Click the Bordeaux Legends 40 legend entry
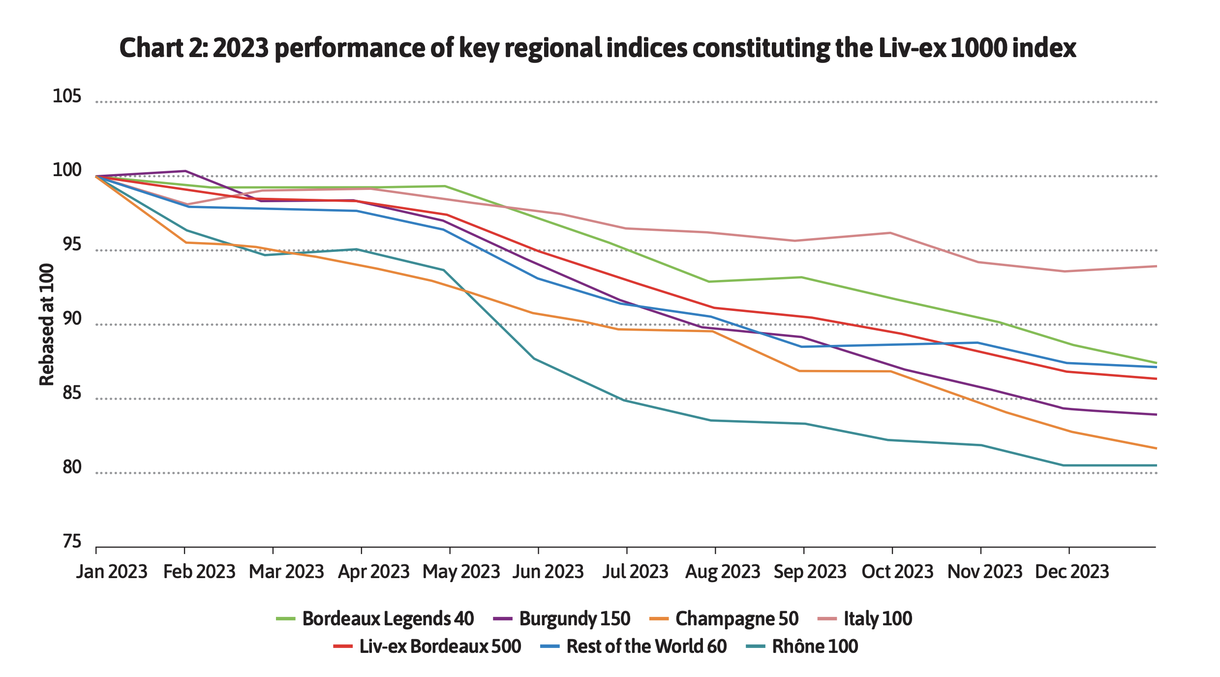click(x=388, y=618)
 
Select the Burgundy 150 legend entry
click(x=574, y=618)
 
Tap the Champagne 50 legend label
click(x=736, y=618)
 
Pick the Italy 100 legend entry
click(x=878, y=618)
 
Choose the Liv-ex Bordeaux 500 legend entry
click(x=440, y=646)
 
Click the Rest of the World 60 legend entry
click(x=646, y=646)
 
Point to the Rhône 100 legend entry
click(x=815, y=646)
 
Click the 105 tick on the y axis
click(x=66, y=96)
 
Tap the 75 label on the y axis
click(x=72, y=542)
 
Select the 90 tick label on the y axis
click(x=72, y=319)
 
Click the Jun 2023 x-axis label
click(x=548, y=572)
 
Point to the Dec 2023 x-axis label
click(x=1072, y=572)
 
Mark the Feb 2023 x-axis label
click(x=199, y=572)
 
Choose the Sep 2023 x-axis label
click(x=810, y=572)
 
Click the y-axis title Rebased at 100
click(x=46, y=325)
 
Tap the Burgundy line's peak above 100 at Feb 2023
click(x=185, y=171)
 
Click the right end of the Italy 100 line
click(x=1156, y=266)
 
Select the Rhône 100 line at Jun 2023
click(x=534, y=359)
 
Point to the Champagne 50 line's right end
click(x=1156, y=448)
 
